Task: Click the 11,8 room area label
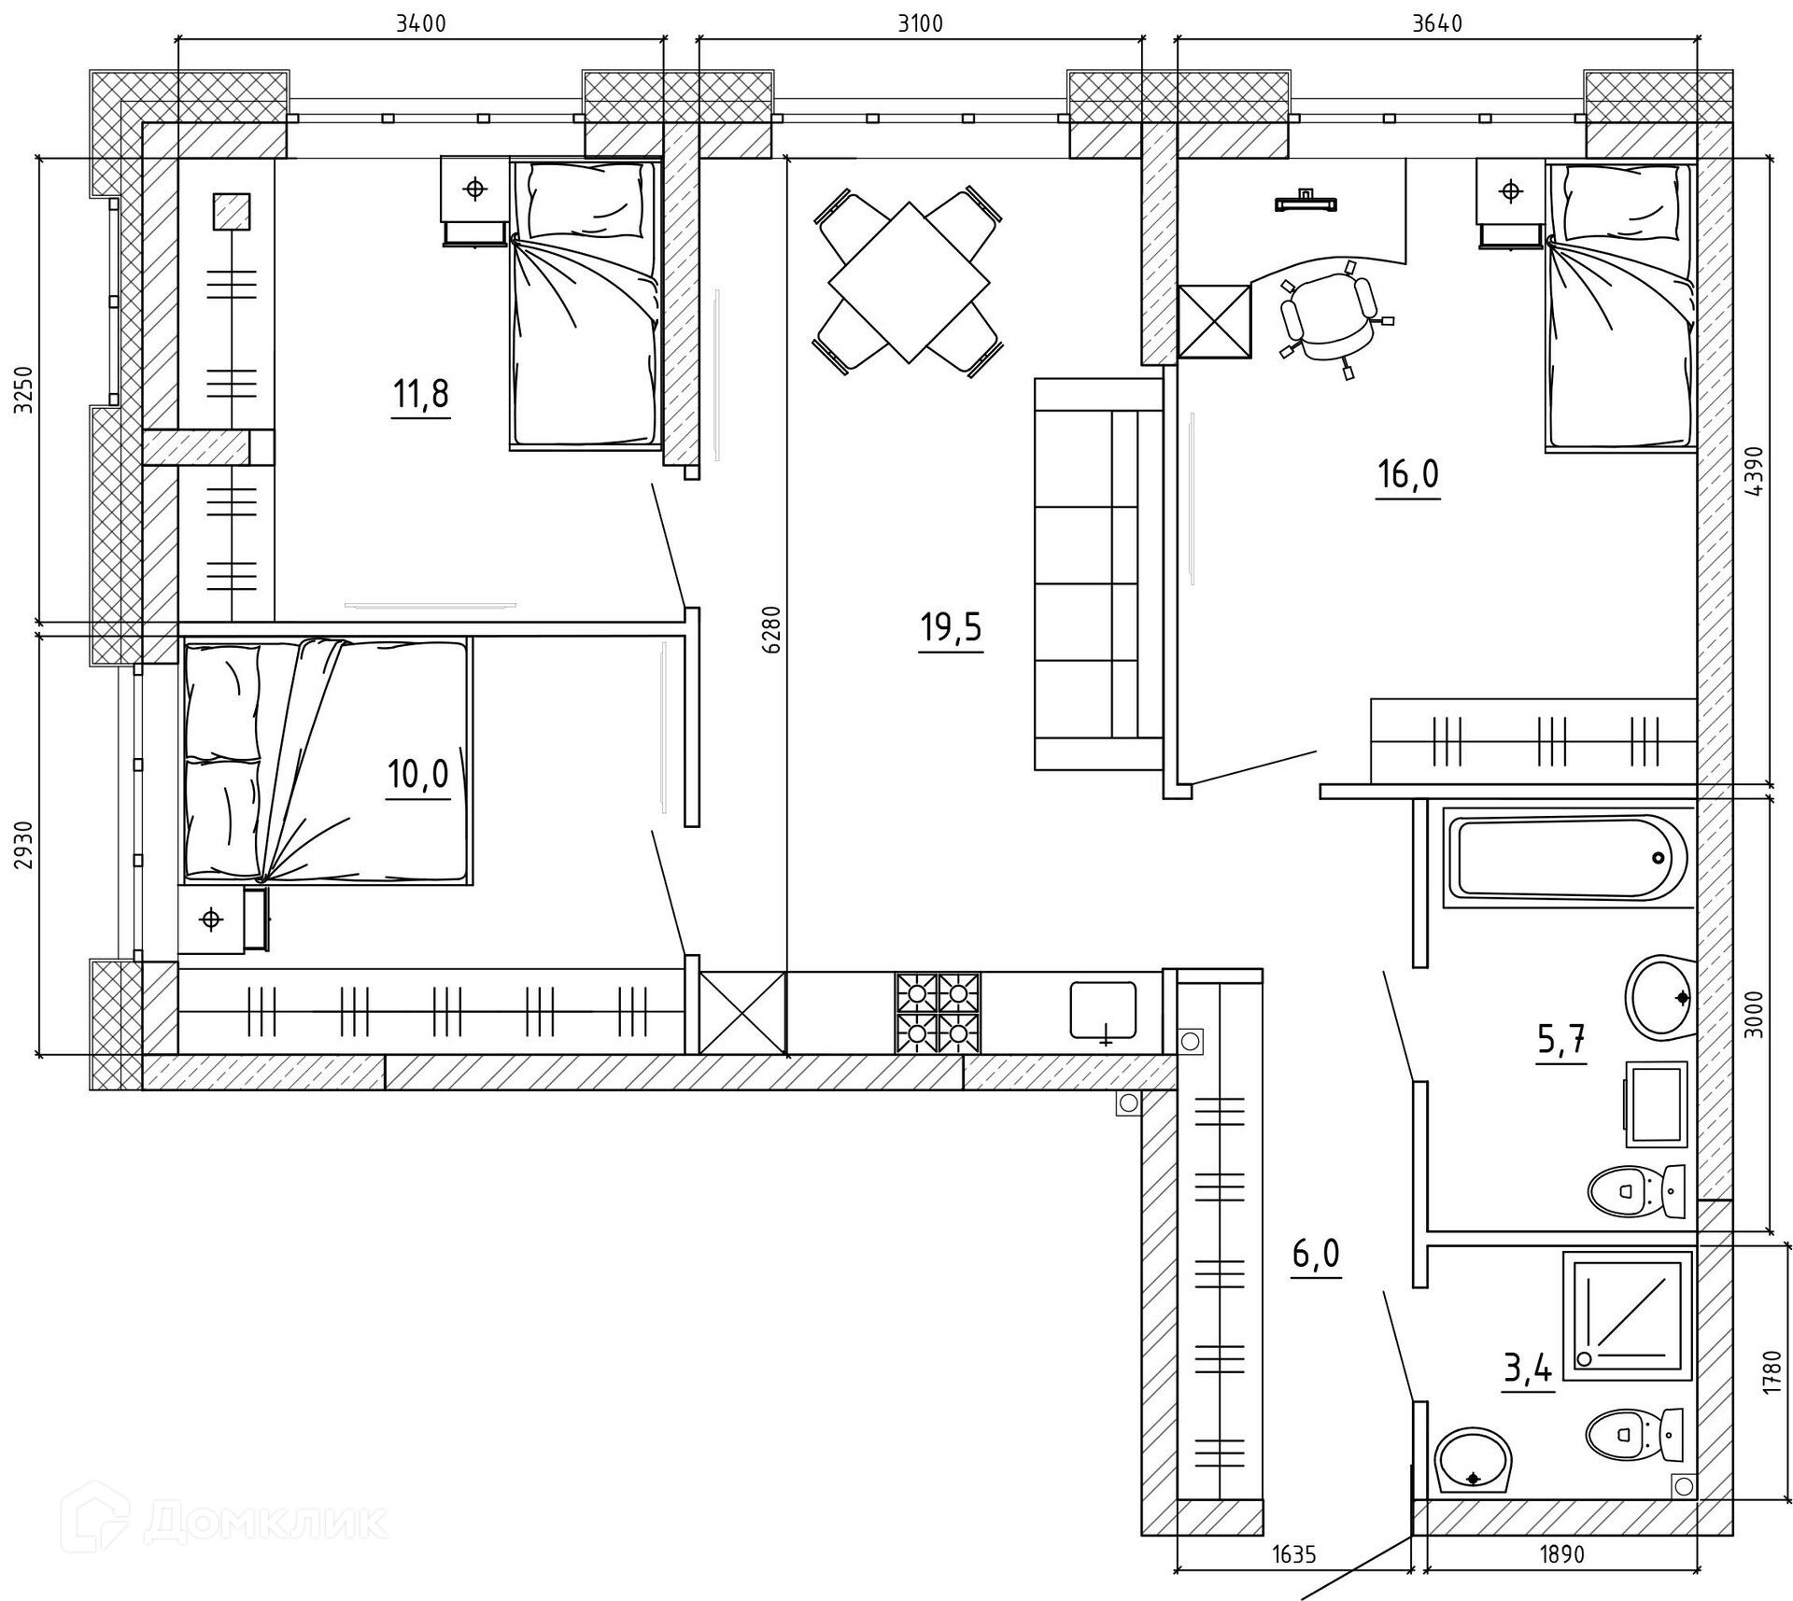tap(420, 394)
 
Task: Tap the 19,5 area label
tap(951, 627)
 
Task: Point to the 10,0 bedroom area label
tap(418, 774)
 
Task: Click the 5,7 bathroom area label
tap(1561, 1038)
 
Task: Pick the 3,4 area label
tap(1528, 1369)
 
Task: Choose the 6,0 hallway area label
tap(1316, 1254)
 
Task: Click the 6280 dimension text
tap(771, 629)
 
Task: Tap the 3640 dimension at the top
tap(1436, 23)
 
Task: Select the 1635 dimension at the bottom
tap(1294, 1553)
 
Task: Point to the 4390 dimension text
tap(1753, 472)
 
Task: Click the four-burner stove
tap(938, 1013)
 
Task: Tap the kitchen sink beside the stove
tap(1104, 1009)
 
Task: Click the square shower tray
tap(1627, 1315)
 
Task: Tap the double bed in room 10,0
tap(328, 761)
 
